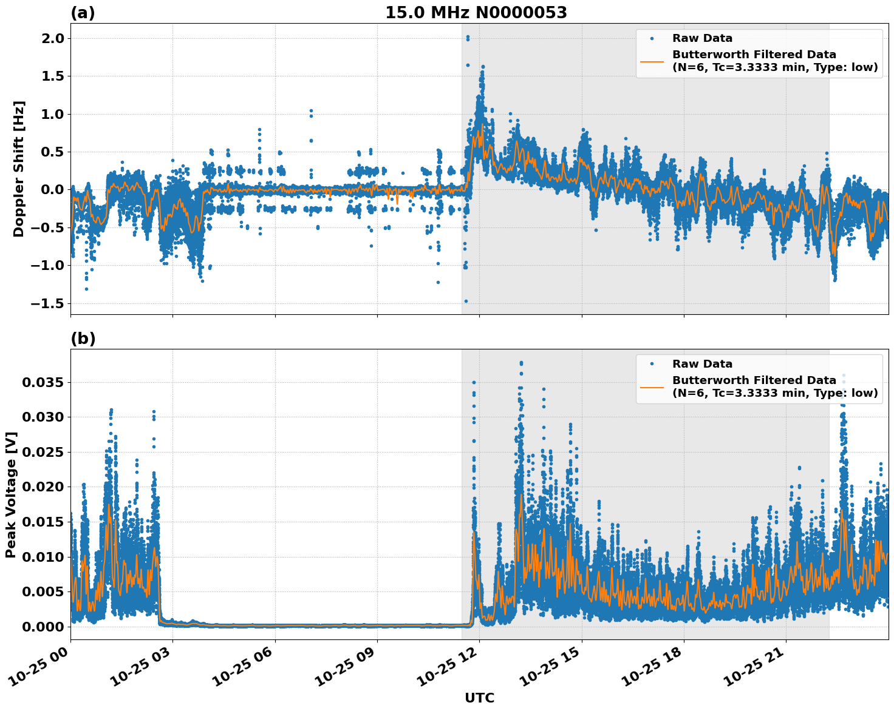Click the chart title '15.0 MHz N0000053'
tap(476, 13)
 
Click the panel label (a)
tap(83, 13)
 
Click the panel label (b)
tap(83, 339)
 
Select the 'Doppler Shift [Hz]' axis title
tap(19, 169)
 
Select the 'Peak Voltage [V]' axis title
tap(10, 494)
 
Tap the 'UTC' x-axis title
tap(479, 698)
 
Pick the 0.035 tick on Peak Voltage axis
tap(42, 382)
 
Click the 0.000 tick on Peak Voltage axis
tap(42, 627)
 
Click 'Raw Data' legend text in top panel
tap(702, 38)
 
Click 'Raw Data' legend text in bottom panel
tap(702, 364)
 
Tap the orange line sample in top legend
tap(652, 61)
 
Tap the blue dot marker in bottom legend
tap(652, 364)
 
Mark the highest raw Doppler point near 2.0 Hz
tap(468, 37)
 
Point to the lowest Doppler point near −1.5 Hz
tap(466, 301)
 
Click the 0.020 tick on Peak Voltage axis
tap(42, 487)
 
